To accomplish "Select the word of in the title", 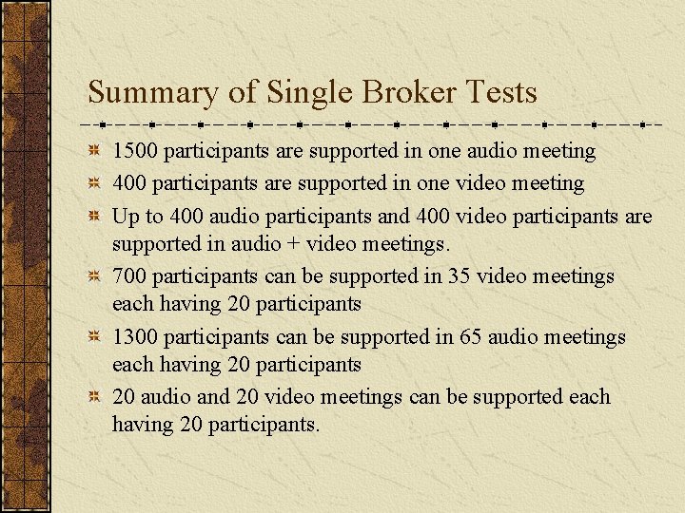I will point(242,93).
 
